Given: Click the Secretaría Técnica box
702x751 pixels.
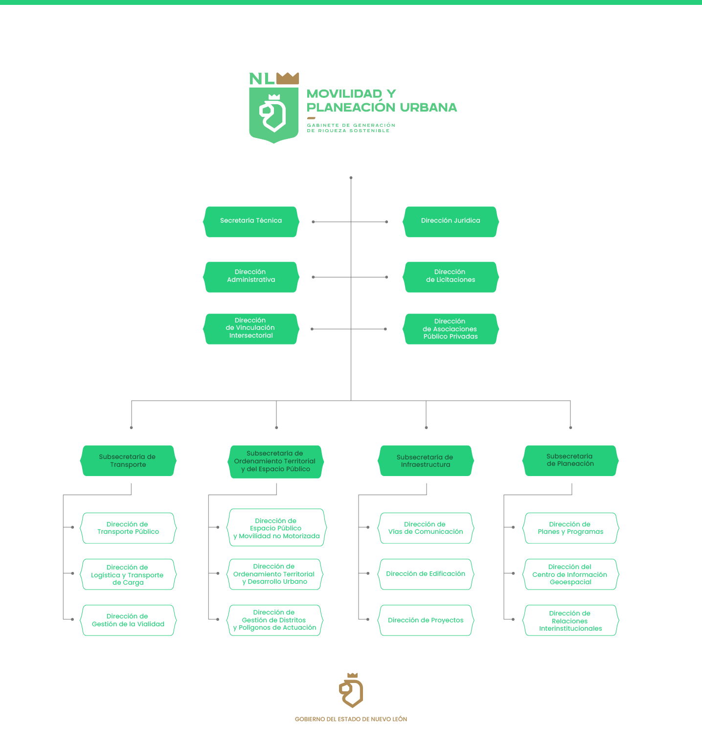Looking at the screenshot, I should (251, 222).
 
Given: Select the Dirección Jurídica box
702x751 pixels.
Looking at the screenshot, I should (451, 222).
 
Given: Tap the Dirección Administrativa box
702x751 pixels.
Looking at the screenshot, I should (251, 277).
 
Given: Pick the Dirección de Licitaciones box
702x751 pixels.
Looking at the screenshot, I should (451, 277).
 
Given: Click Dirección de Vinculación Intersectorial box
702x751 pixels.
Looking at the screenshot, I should (251, 329).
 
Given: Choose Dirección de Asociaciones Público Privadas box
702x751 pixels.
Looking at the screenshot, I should (451, 329).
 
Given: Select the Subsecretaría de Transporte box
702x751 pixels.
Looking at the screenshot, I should (128, 461).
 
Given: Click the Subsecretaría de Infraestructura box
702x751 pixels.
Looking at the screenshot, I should (425, 461).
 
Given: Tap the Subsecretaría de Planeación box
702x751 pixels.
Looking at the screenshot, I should (570, 461).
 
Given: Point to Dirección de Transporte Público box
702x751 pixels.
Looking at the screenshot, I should (128, 528).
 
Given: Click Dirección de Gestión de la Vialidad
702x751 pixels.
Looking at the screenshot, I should (128, 620).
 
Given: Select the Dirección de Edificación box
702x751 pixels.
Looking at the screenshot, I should (425, 574).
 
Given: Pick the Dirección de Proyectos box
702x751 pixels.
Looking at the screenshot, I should (425, 620).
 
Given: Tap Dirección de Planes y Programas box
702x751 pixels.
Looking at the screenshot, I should (570, 528).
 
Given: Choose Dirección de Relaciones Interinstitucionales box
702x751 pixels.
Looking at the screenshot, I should (570, 620).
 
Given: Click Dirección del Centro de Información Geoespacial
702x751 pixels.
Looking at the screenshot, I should (570, 574).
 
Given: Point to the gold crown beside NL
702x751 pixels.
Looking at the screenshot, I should (288, 78).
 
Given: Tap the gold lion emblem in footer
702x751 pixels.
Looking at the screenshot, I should (351, 691).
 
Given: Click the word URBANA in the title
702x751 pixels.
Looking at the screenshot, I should (428, 108).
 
